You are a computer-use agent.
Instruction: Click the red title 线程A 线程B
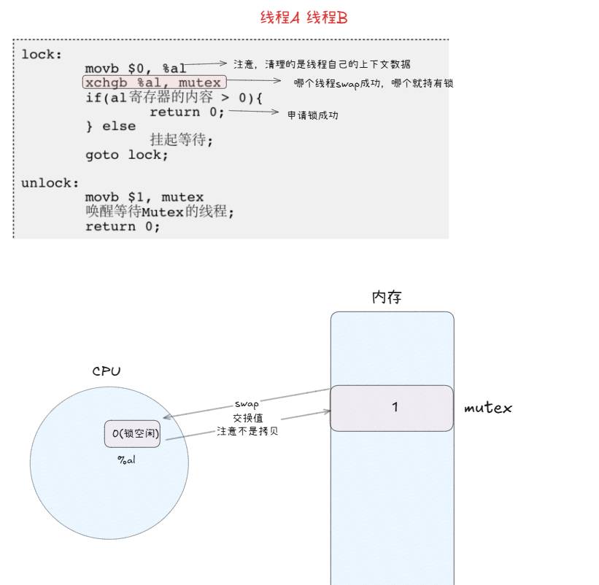304,18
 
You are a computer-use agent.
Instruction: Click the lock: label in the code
42,54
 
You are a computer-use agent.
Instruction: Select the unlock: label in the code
50,183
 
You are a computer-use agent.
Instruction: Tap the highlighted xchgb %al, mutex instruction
152,83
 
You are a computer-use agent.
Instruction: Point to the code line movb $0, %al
136,69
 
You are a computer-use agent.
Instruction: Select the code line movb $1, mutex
144,197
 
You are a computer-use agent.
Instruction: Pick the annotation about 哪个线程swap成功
374,84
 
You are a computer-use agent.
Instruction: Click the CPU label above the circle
107,371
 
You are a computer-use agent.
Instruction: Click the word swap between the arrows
247,403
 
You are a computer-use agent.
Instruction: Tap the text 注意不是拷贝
247,431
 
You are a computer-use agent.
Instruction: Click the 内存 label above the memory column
387,298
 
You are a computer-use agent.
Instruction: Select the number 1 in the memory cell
395,407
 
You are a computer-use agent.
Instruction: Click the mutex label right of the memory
488,408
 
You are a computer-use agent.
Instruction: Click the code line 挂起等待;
181,140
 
